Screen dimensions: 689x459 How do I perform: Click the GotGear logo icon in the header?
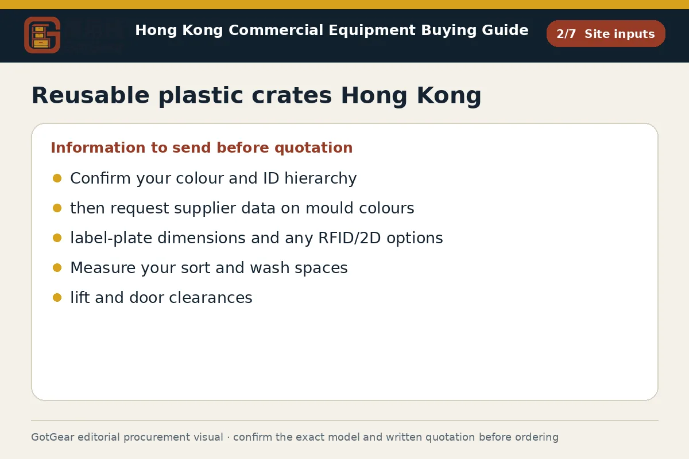(42, 35)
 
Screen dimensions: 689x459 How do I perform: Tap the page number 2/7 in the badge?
(566, 34)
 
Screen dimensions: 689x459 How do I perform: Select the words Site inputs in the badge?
(620, 34)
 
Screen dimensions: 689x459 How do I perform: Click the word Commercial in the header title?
(276, 30)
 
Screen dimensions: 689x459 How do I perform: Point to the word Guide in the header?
(505, 30)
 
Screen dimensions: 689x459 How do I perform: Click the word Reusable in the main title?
(91, 96)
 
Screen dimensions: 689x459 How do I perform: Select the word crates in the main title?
(292, 96)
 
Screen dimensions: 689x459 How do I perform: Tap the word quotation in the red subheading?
(313, 148)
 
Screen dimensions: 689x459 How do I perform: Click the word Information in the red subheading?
(98, 147)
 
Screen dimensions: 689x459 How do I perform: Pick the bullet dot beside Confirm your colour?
(57, 178)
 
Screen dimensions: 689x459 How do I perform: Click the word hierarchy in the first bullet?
(320, 178)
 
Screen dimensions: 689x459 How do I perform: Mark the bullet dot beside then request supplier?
(57, 208)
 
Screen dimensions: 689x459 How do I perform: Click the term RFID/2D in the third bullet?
(350, 238)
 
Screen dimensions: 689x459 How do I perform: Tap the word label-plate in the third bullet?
(111, 238)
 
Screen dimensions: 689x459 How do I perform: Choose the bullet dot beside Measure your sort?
(57, 268)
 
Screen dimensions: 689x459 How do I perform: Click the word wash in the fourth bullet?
(270, 267)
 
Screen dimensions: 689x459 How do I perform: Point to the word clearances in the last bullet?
(211, 297)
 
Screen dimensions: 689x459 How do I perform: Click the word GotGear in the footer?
(53, 437)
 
